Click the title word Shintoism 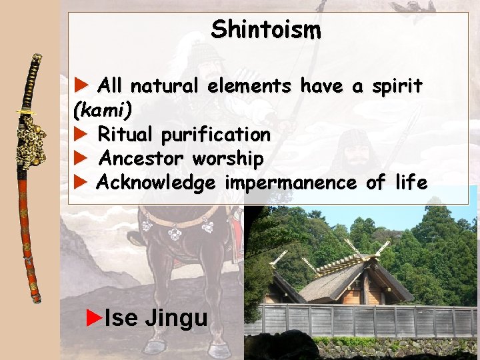point(266,30)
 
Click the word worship point(228,159)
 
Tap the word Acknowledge point(156,183)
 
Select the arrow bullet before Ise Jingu point(95,316)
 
